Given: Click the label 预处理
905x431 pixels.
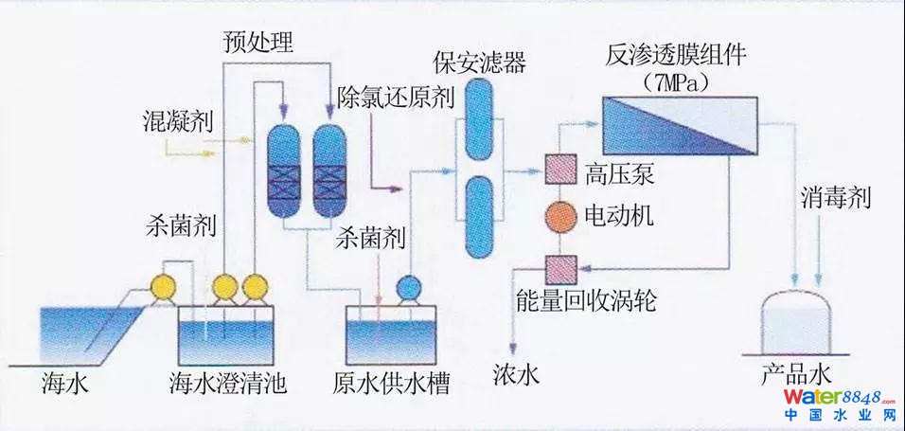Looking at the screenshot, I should pyautogui.click(x=258, y=42).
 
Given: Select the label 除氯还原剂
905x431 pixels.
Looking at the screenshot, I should pyautogui.click(x=397, y=97).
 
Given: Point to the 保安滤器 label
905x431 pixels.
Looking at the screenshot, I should pyautogui.click(x=479, y=63).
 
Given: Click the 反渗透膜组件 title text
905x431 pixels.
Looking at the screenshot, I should pyautogui.click(x=677, y=54).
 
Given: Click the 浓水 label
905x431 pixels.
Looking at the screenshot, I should pyautogui.click(x=516, y=377).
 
